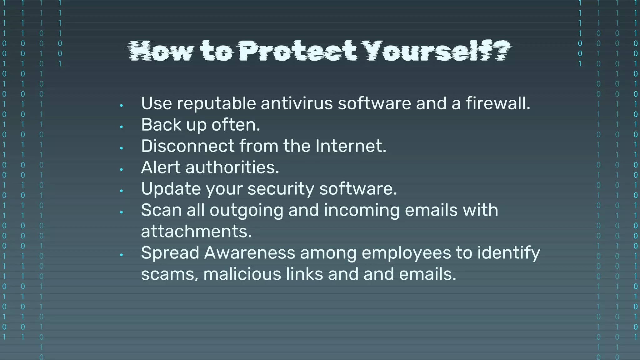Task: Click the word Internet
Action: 351,146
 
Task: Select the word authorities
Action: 232,167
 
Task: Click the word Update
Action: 170,189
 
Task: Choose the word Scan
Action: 161,210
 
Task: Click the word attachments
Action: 196,232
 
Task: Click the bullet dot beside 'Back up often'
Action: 121,127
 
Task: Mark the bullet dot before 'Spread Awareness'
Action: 121,255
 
